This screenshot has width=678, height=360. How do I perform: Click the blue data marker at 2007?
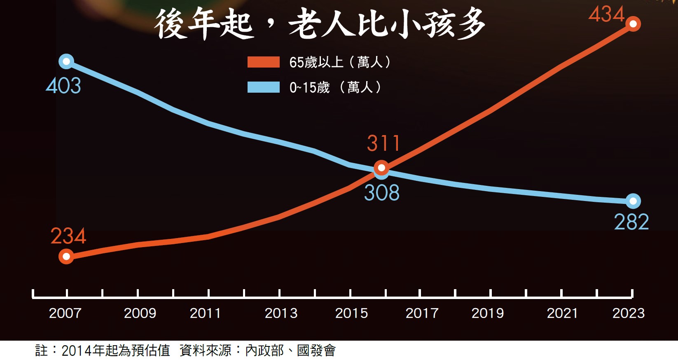pyautogui.click(x=66, y=62)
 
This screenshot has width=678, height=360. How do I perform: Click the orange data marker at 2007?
pyautogui.click(x=66, y=257)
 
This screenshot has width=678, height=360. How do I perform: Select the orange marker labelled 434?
pyautogui.click(x=633, y=24)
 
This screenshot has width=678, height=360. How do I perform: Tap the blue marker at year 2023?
pyautogui.click(x=633, y=201)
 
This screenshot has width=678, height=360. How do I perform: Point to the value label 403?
pyautogui.click(x=63, y=86)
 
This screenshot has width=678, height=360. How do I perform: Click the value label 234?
pyautogui.click(x=68, y=236)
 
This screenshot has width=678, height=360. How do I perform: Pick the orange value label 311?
pyautogui.click(x=383, y=144)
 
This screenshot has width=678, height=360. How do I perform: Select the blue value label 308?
pyautogui.click(x=382, y=193)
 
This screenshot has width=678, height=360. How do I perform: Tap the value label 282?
pyautogui.click(x=631, y=222)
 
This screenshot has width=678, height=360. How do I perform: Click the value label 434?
pyautogui.click(x=606, y=14)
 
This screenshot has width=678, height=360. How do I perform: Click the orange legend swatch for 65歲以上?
pyautogui.click(x=264, y=62)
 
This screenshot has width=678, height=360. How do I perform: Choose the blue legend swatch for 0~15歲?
pyautogui.click(x=264, y=87)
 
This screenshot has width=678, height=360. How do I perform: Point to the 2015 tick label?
pyautogui.click(x=351, y=313)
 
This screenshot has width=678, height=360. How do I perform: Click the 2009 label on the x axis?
pyautogui.click(x=140, y=313)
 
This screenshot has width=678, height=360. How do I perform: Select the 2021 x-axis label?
pyautogui.click(x=562, y=313)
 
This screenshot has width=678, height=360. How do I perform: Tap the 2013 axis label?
pyautogui.click(x=281, y=313)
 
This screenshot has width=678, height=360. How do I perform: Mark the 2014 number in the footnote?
pyautogui.click(x=77, y=351)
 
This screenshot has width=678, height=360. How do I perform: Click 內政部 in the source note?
pyautogui.click(x=264, y=351)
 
